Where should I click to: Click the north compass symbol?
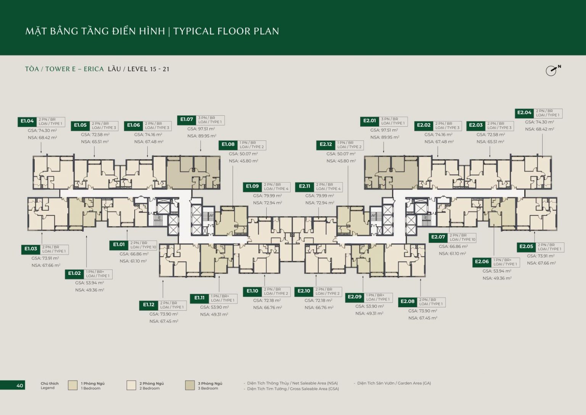pos(552,70)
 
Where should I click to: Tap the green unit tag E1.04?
pos(27,121)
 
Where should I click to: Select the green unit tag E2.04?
pos(524,113)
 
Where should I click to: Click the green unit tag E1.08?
pos(228,145)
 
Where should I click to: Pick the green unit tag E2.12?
pos(326,145)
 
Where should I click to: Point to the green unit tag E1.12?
pos(149,305)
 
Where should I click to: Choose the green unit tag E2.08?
pos(407,302)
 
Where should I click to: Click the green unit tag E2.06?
pos(482,262)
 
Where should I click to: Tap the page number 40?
pos(19,386)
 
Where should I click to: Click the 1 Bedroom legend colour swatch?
pos(72,385)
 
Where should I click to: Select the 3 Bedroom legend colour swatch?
pos(190,385)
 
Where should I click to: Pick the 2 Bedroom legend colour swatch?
pos(131,385)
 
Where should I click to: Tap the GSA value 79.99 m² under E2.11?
pos(319,196)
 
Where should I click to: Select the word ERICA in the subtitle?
pos(93,69)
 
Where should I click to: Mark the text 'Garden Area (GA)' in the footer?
pos(414,383)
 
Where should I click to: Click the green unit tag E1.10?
pos(252,291)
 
